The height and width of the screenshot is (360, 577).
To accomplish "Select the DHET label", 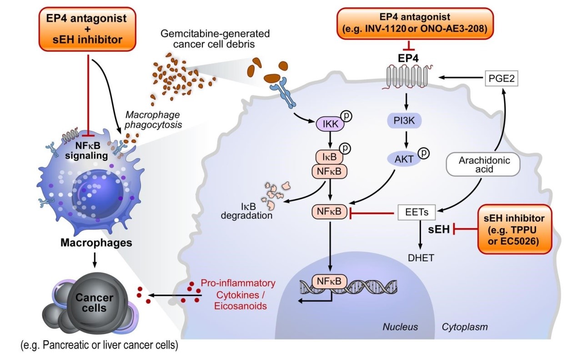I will click(x=421, y=258).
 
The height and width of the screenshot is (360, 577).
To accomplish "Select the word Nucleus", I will click(x=400, y=326).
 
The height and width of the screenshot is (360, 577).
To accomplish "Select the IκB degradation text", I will click(x=247, y=210).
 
